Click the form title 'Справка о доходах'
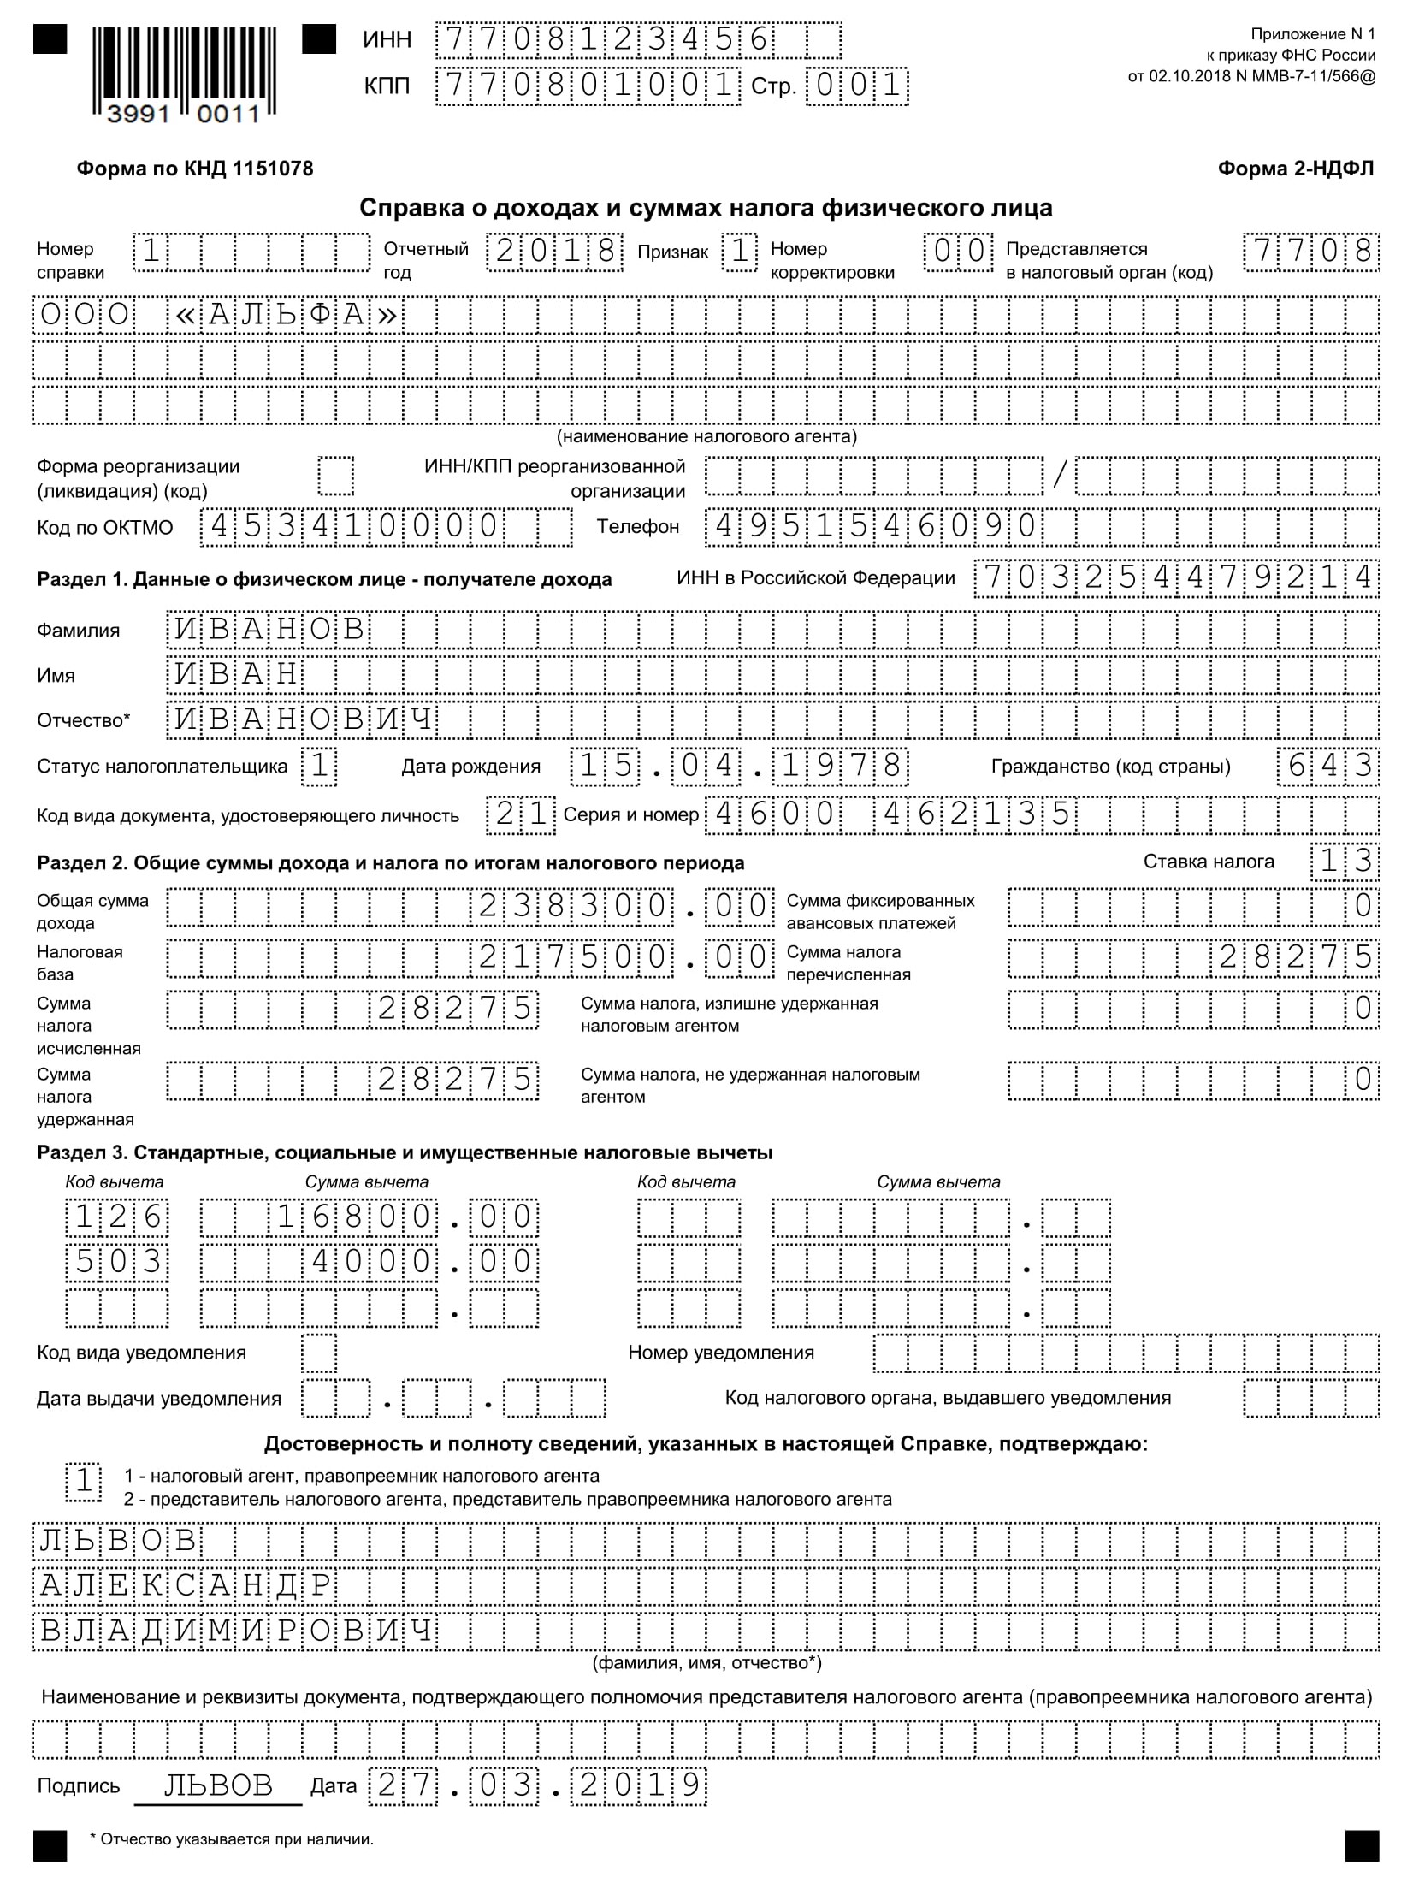pos(706,208)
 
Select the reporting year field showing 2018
pos(554,252)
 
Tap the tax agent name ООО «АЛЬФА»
pos(219,316)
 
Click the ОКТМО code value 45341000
pos(354,526)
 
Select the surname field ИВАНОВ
pos(270,630)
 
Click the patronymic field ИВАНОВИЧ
pos(304,719)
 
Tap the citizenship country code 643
pos(1328,766)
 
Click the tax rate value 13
pos(1345,862)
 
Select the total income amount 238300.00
pos(625,906)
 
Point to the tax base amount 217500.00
pos(625,957)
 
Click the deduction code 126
pos(117,1217)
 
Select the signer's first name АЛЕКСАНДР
pos(185,1584)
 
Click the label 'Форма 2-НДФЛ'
pos(1295,169)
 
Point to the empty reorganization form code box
pos(335,476)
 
